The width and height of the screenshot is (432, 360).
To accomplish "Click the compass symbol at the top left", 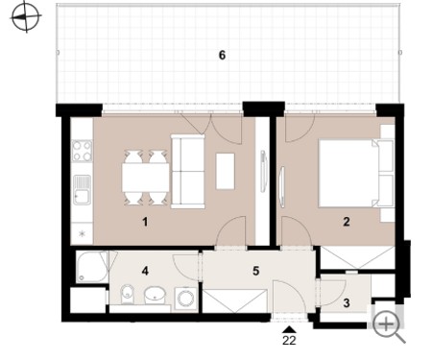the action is click(26, 16).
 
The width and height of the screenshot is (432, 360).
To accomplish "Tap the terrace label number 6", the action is click(222, 56).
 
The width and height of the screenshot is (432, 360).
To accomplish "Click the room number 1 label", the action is click(145, 222).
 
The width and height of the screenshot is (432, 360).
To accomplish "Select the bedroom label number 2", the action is click(347, 222).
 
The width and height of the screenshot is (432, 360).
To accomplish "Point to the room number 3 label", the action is click(347, 302).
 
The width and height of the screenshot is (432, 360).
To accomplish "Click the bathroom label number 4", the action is click(145, 271).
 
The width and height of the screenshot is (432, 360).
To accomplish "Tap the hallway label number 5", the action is click(255, 271).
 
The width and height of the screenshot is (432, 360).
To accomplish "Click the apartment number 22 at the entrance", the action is click(289, 341).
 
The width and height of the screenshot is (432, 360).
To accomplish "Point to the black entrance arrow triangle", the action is click(289, 330).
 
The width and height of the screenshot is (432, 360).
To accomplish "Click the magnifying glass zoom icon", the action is click(389, 327).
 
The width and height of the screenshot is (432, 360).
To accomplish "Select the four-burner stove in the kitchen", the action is click(82, 151).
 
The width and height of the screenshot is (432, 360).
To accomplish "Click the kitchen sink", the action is click(82, 189).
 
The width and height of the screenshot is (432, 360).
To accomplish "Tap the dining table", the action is click(145, 178).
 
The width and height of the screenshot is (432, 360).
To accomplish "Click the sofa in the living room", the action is click(187, 172).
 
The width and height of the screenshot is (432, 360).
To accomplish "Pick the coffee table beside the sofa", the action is click(226, 171).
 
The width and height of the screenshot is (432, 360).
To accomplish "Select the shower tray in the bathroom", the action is click(92, 267).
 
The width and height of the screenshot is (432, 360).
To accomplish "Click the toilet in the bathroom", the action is click(128, 294).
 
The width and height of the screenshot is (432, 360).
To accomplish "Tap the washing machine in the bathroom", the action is click(185, 299).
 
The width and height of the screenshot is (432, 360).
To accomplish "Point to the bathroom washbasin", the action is click(155, 295).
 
